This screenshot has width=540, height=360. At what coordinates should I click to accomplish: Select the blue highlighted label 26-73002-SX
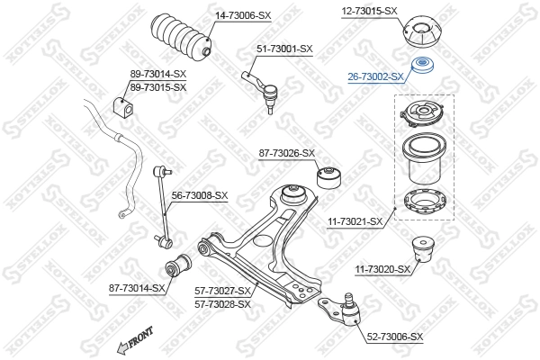click(x=376, y=77)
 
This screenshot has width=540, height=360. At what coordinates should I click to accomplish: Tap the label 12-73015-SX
click(x=369, y=11)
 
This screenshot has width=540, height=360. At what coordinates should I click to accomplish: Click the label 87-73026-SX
click(x=287, y=153)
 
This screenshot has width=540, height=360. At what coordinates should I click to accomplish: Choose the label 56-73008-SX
click(x=200, y=195)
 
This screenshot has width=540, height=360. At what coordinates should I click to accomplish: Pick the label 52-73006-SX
click(x=395, y=336)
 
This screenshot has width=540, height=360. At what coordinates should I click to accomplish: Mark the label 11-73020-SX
click(x=382, y=268)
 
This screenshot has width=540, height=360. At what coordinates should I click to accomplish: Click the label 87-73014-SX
click(x=137, y=288)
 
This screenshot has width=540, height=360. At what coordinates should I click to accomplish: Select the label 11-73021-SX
click(x=354, y=220)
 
